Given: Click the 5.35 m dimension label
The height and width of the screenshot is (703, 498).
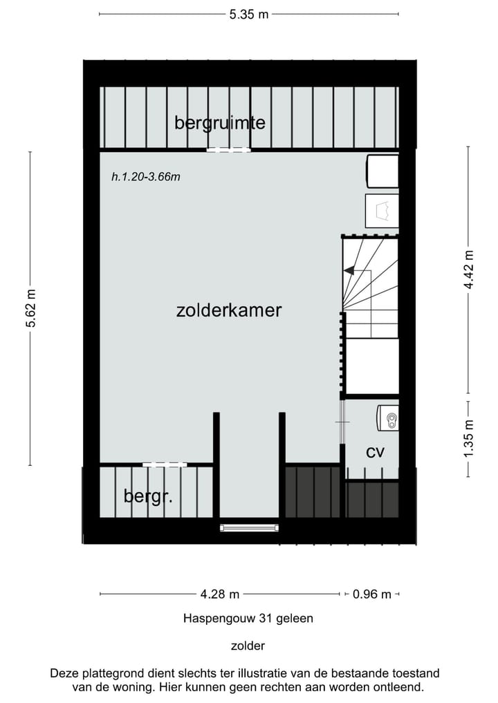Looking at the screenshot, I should [249, 14].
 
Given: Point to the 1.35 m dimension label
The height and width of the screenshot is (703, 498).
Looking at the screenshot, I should [469, 438].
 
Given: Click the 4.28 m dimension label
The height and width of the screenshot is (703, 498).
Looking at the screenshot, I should [220, 594].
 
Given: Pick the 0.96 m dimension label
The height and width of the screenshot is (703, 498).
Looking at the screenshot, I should [372, 594].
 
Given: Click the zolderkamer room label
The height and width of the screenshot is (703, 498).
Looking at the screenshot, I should [229, 310].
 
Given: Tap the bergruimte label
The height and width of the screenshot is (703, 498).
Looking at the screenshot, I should [220, 123].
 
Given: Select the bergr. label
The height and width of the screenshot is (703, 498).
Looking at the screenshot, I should [148, 496].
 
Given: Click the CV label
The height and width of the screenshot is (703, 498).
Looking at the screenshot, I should [375, 453].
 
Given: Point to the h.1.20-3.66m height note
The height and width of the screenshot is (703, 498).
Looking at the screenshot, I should [146, 177].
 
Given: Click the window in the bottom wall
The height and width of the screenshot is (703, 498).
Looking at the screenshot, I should [249, 528].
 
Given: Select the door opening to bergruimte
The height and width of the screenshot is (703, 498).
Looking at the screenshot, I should [228, 149].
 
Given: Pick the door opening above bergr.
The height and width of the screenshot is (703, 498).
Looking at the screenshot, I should [164, 464].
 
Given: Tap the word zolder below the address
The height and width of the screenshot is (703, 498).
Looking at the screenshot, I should [248, 646].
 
